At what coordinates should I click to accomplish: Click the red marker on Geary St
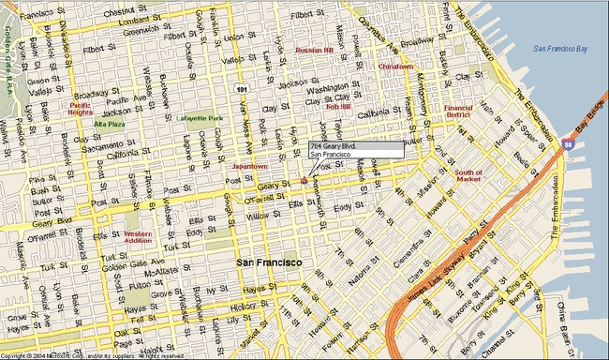[304, 180]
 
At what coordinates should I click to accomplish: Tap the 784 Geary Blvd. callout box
[356, 150]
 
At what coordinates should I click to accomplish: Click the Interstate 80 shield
[569, 145]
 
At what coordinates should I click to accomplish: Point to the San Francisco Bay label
[562, 48]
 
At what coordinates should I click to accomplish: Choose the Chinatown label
[396, 67]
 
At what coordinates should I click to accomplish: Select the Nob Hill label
[337, 107]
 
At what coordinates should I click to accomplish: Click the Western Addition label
[138, 238]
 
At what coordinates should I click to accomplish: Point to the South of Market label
[468, 176]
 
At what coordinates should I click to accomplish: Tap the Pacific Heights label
[81, 110]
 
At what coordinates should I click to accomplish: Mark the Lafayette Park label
[201, 119]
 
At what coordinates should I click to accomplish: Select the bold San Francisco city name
[268, 262]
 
